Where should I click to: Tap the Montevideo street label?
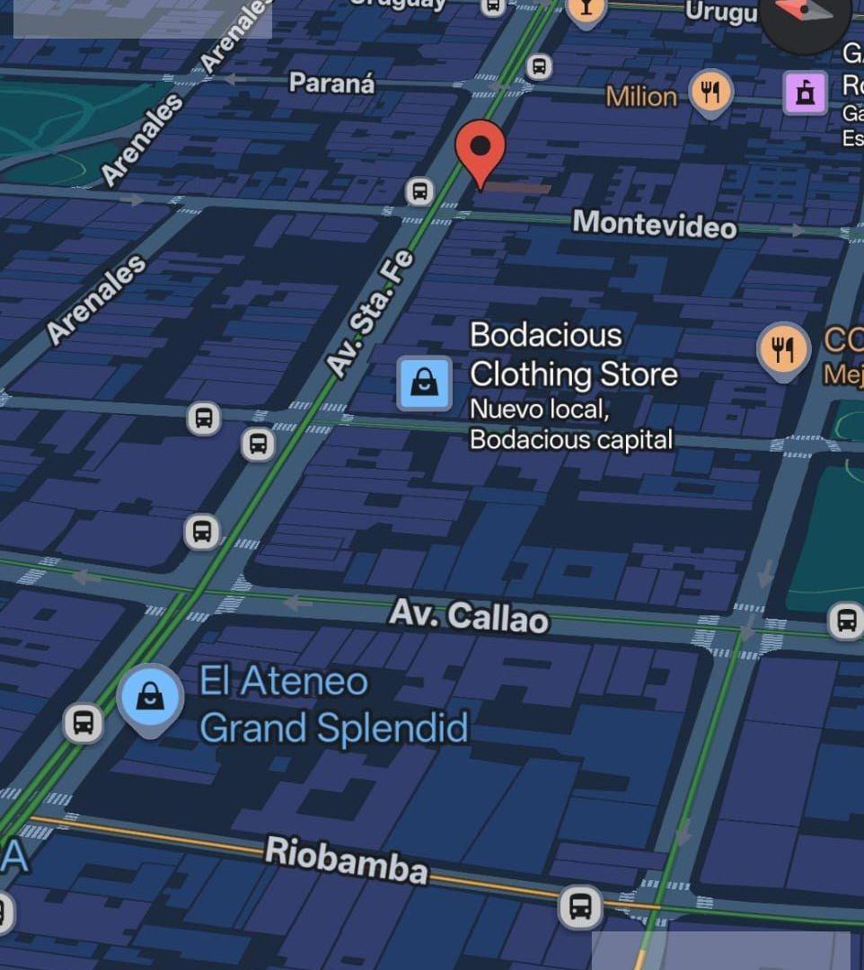[x=654, y=224]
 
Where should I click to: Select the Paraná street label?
[x=331, y=84]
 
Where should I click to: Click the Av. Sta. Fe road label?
[x=370, y=313]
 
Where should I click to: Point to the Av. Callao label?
[x=468, y=616]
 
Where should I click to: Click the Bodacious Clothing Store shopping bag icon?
[x=425, y=383]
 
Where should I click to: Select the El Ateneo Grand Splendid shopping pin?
[x=150, y=697]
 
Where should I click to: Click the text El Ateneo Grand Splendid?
[x=333, y=705]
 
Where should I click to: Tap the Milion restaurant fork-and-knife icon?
[x=710, y=92]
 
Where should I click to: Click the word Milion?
[x=641, y=96]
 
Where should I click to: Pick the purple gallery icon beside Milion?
[x=805, y=93]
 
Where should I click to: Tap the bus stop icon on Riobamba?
[x=580, y=906]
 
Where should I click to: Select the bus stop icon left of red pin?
[x=419, y=190]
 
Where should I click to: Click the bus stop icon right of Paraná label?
[x=539, y=66]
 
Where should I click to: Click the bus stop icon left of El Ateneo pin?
[x=83, y=722]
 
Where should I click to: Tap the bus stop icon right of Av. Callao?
[x=845, y=620]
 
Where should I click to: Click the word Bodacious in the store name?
[x=545, y=335]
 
